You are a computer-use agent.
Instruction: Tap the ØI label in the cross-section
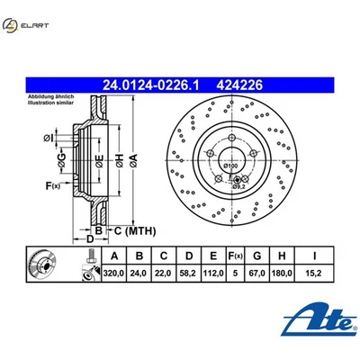(x=48, y=137)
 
